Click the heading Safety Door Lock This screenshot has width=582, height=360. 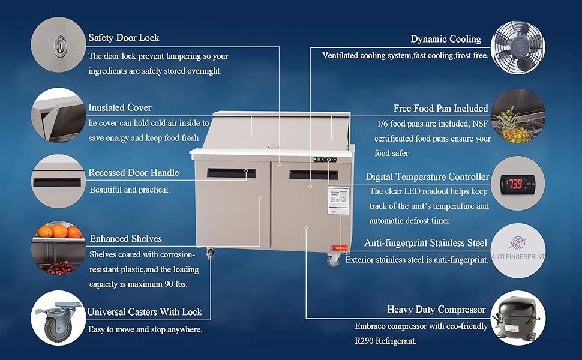coord(124,38)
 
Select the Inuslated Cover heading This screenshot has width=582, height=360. coord(120,107)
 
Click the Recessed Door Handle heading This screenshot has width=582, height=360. coord(133,173)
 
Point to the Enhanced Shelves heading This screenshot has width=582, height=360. coord(125,239)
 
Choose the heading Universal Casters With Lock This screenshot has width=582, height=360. coord(145,312)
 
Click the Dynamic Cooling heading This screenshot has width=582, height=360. coord(445,39)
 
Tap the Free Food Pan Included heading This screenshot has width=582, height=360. coord(440,109)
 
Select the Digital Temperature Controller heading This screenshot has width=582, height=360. coord(427,177)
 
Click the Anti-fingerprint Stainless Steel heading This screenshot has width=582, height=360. coord(425,243)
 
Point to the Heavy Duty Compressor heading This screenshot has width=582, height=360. coord(436,310)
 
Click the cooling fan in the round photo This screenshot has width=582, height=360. coord(518,47)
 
